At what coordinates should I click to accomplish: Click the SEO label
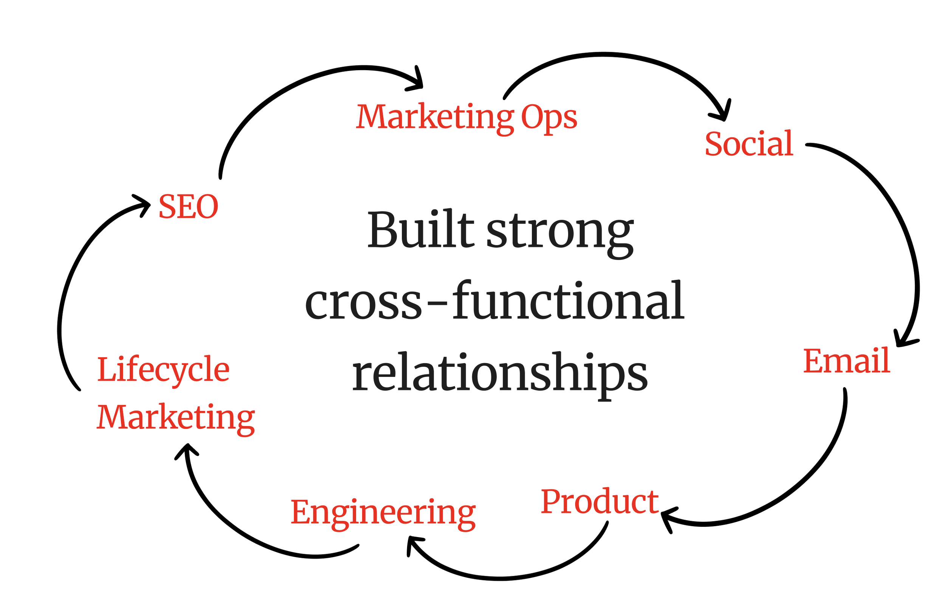[188, 207]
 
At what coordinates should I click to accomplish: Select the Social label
[749, 144]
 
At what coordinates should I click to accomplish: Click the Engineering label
[383, 512]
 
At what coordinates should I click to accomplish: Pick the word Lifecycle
[163, 369]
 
